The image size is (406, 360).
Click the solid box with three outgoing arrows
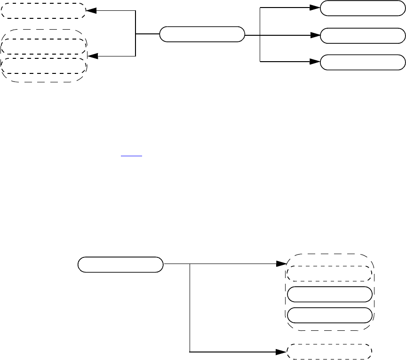coord(202,34)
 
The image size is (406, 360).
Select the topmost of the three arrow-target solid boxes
coord(362,8)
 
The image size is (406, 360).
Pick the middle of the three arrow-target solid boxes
coord(362,35)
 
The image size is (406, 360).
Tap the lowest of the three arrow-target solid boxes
coord(362,62)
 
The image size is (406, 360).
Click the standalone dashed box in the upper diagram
coord(43,11)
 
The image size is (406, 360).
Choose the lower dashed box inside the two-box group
coord(44,65)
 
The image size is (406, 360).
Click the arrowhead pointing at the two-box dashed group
coord(93,56)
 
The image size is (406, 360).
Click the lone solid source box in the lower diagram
coord(120,264)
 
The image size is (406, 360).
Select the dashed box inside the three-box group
coord(330,273)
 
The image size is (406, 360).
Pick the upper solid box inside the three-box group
coord(330,294)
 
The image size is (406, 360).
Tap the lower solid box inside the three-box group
coord(330,315)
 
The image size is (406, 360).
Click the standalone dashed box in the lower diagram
coord(330,352)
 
